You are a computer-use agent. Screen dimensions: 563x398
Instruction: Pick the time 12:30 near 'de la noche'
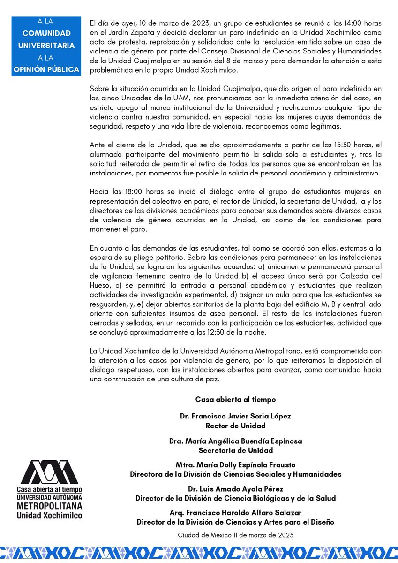[240, 332]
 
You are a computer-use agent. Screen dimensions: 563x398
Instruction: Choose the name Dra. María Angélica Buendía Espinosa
[235, 441]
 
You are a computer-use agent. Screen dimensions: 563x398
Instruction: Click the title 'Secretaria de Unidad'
[235, 450]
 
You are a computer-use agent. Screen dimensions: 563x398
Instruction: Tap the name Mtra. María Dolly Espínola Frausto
[235, 465]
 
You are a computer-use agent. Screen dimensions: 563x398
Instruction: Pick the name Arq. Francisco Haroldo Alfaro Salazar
[235, 513]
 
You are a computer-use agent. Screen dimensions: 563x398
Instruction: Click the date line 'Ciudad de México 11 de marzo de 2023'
[235, 535]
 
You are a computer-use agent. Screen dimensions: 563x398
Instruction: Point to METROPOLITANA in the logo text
[49, 506]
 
